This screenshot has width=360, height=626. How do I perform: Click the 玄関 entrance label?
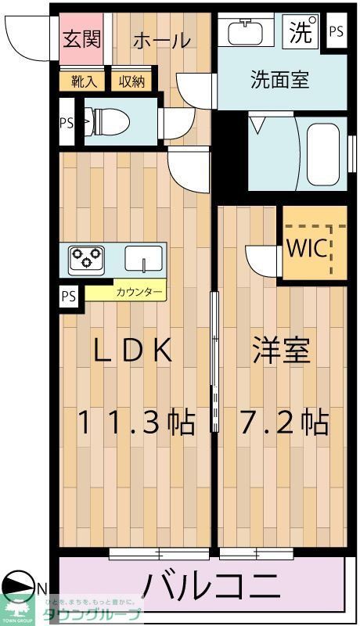(x=82, y=39)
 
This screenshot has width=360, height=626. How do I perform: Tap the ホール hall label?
(x=161, y=40)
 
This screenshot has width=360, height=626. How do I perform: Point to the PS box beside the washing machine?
(x=336, y=32)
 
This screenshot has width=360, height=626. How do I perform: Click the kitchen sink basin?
(x=142, y=258)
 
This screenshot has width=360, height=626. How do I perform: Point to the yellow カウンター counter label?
(x=139, y=293)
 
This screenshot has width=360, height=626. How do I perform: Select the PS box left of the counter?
(x=70, y=297)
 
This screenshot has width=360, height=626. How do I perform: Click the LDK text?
(x=132, y=351)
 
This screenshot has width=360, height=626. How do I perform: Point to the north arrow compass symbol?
(x=19, y=588)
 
